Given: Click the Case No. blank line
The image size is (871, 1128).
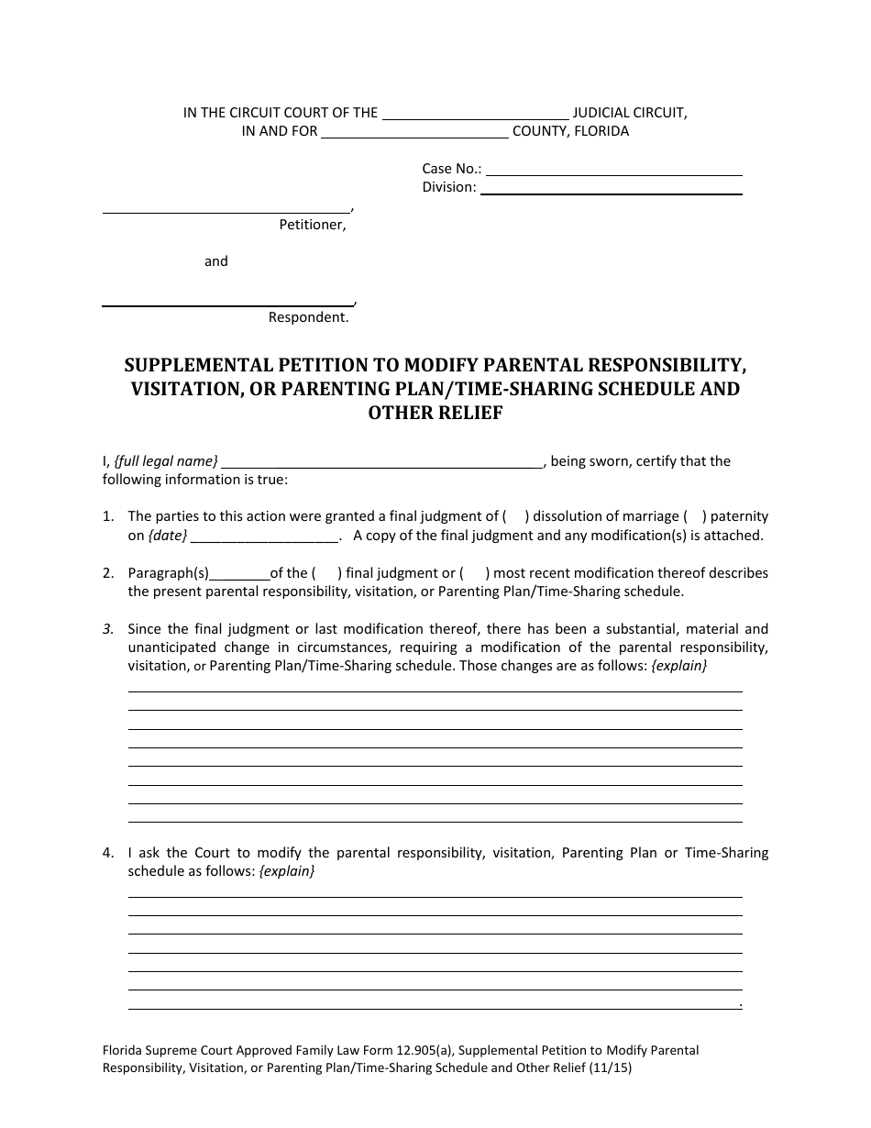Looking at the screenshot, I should pyautogui.click(x=613, y=171).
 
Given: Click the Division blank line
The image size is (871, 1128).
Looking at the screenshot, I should pyautogui.click(x=612, y=189).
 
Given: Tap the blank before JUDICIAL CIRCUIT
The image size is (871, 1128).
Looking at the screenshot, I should pyautogui.click(x=475, y=116).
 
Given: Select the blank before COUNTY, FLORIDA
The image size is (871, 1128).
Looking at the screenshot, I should pyautogui.click(x=415, y=134).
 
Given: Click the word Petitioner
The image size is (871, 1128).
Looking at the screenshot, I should pyautogui.click(x=313, y=225).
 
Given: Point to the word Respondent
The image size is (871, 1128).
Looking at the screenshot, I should pyautogui.click(x=308, y=317).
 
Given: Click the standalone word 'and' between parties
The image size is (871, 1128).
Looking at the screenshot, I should pyautogui.click(x=216, y=261).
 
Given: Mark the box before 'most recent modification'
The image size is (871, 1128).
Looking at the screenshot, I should pyautogui.click(x=474, y=573).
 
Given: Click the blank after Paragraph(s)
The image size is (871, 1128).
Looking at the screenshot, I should pyautogui.click(x=239, y=575).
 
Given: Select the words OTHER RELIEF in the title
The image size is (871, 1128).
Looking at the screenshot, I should pyautogui.click(x=435, y=413).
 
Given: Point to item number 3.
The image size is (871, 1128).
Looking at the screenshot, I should pyautogui.click(x=108, y=629).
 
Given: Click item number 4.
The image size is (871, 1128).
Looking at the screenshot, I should pyautogui.click(x=108, y=853).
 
